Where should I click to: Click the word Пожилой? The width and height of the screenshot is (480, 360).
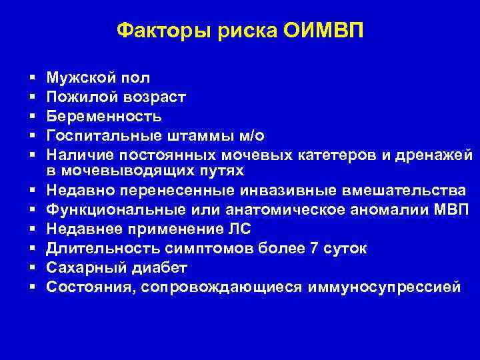click(x=78, y=97)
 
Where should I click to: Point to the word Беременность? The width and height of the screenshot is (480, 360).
click(x=103, y=117)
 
